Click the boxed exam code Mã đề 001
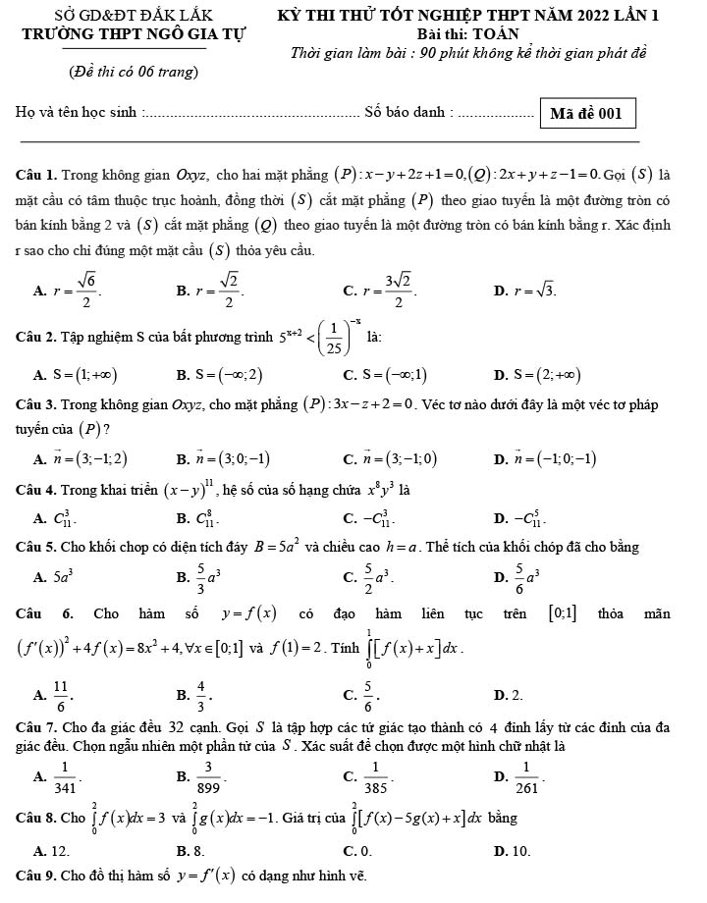(x=586, y=113)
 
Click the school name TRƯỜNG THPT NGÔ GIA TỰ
(x=135, y=33)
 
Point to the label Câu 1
(x=36, y=176)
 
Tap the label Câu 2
(x=36, y=339)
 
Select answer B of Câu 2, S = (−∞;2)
(x=226, y=374)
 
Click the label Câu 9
(x=36, y=874)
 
